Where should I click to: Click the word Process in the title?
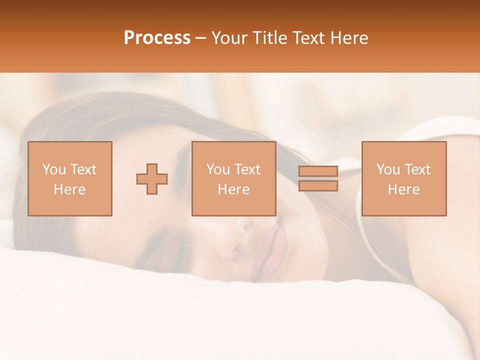(x=157, y=38)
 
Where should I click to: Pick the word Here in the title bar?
(x=350, y=38)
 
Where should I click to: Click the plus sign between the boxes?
(x=152, y=179)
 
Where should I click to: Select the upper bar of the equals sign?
(x=318, y=171)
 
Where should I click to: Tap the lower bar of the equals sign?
(x=318, y=185)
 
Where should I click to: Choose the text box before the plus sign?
(x=69, y=179)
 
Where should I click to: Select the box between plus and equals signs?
(x=233, y=179)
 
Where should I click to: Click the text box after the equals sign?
(x=403, y=179)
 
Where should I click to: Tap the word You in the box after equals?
(x=388, y=169)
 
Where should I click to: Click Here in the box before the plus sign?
(x=69, y=189)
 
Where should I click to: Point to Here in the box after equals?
(x=403, y=189)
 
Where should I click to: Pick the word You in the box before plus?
(x=54, y=169)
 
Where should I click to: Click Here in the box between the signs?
(x=233, y=189)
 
